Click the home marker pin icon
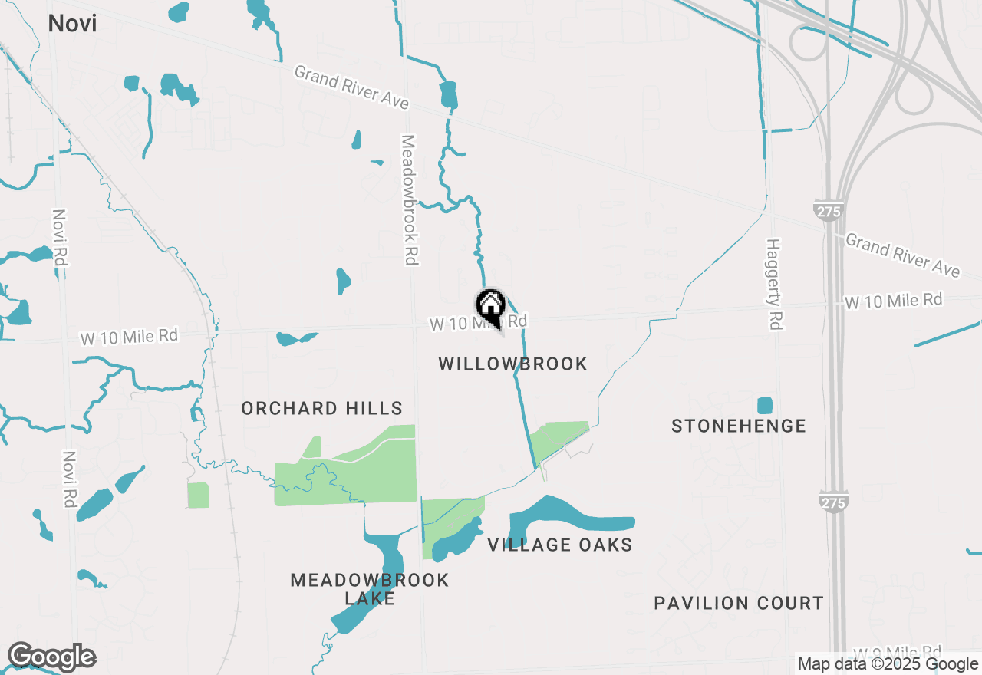pos(490,306)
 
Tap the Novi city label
pos(72,23)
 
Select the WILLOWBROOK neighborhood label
pos(512,364)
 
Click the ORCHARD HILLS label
pos(321,408)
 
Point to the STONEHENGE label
pos(738,426)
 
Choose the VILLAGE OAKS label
pos(559,545)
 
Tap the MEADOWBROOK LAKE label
pos(369,588)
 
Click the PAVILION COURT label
pos(738,603)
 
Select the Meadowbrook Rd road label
pos(408,200)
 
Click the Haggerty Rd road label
pos(773,284)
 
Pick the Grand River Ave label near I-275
pos(901,255)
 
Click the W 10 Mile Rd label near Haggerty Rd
pos(893,301)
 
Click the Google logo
pos(51,657)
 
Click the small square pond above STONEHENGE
pos(764,405)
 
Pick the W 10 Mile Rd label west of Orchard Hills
pos(130,337)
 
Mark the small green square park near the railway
pos(198,495)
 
